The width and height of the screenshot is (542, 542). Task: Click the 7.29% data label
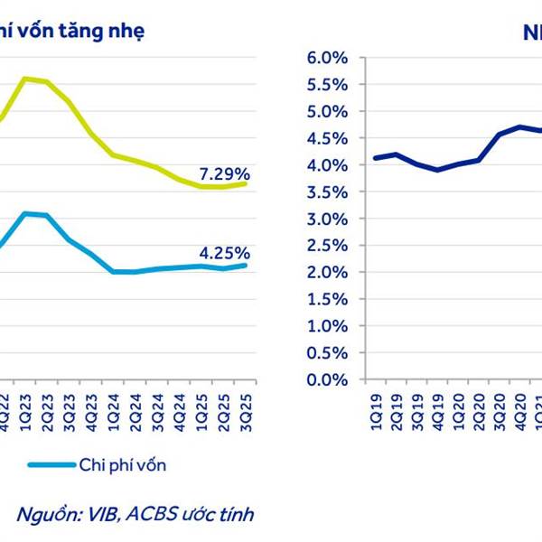[x=224, y=173]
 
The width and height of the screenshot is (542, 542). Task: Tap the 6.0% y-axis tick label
[x=330, y=58]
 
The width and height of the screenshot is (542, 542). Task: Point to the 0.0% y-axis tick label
[x=330, y=379]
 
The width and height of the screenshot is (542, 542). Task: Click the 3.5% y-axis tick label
[x=330, y=192]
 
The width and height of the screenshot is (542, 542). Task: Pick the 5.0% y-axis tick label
[x=330, y=112]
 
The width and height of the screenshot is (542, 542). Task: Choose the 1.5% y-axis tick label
[x=330, y=299]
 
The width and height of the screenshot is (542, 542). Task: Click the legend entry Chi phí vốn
[x=121, y=465]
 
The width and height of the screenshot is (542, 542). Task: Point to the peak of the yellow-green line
[x=25, y=79]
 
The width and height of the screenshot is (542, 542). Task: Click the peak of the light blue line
[x=25, y=213]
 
